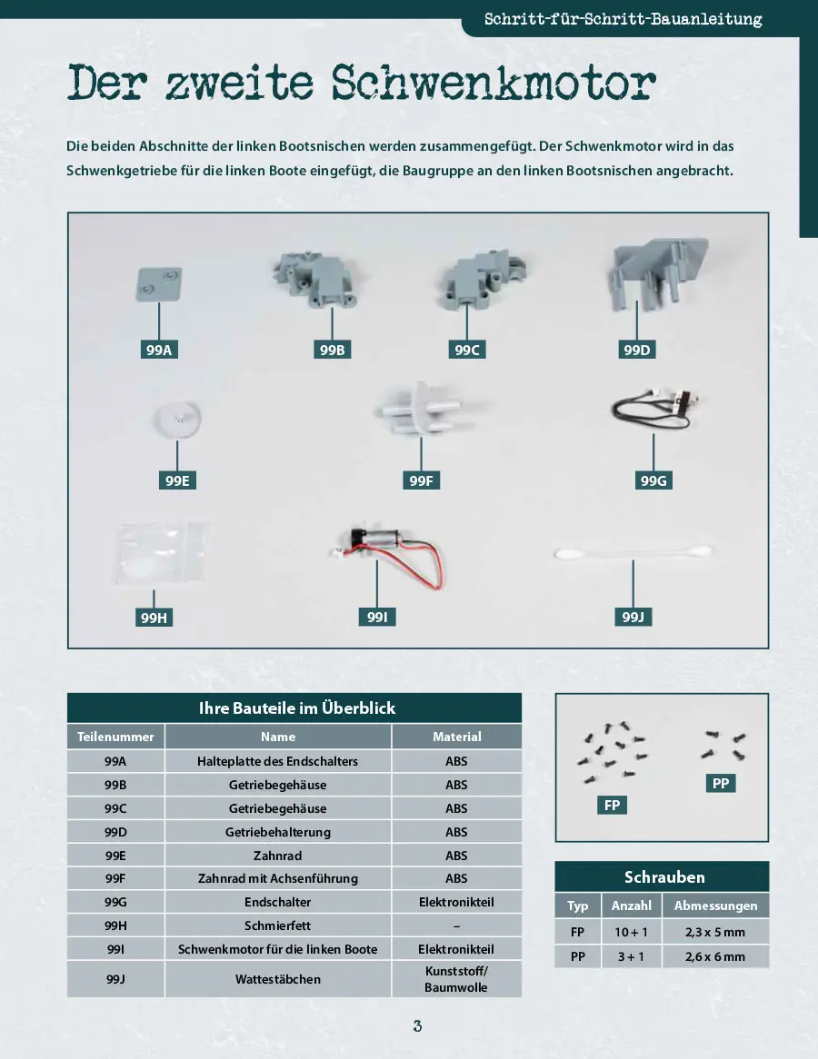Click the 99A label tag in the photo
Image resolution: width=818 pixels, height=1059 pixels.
[x=159, y=350]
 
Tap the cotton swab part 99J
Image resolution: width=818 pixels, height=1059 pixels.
[x=633, y=552]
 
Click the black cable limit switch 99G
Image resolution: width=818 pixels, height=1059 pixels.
[x=653, y=410]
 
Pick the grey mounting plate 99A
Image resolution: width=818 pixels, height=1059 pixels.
[x=159, y=283]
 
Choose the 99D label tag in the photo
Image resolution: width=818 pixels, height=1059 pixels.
[x=637, y=350]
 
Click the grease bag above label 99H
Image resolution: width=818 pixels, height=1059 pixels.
[x=162, y=553]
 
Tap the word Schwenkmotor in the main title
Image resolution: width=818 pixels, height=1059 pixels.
[x=494, y=84]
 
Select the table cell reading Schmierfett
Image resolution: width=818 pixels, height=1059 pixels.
[x=278, y=925]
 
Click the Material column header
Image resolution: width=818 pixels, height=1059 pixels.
[x=457, y=737]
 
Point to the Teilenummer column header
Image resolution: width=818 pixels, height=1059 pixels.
[x=115, y=737]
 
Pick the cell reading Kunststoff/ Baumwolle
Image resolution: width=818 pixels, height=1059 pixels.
[x=456, y=979]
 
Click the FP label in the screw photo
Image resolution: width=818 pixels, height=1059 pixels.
[x=612, y=805]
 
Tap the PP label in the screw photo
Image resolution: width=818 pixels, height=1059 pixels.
[x=721, y=784]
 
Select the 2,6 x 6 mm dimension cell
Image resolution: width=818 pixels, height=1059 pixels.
[x=715, y=956]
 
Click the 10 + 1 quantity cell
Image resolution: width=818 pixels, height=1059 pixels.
[x=632, y=932]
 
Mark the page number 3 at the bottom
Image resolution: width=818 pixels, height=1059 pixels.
[x=418, y=1026]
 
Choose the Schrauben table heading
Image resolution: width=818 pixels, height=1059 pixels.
[x=664, y=876]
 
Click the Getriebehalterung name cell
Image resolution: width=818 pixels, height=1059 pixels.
[x=278, y=832]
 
